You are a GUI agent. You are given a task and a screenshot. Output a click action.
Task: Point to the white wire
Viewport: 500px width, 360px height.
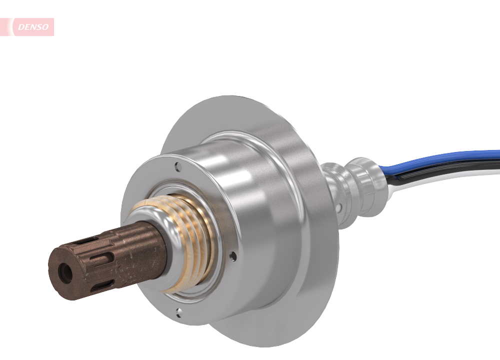pos(450,179)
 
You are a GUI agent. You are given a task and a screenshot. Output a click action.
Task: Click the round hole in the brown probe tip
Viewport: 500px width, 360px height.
pos(65,273)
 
